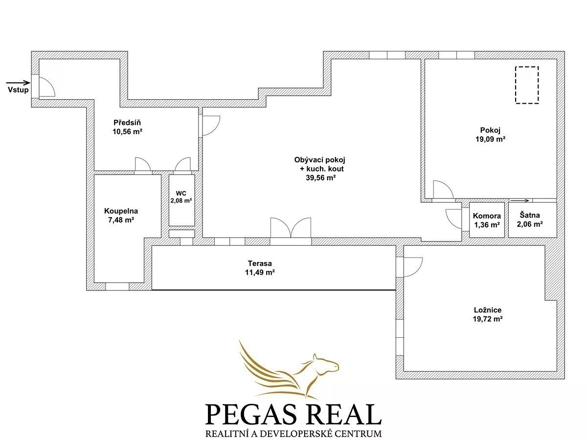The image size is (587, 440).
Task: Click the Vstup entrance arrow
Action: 18,83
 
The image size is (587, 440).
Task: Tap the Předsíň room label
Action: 127,123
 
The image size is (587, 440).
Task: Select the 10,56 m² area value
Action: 127,132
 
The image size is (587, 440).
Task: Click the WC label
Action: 181,193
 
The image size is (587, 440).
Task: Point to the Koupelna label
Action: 121,211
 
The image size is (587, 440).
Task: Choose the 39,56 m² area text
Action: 321,178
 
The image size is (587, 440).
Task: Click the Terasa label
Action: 260,264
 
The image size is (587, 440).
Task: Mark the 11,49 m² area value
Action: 260,272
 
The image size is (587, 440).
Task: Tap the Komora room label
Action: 487,216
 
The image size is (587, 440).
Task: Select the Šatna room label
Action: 530,215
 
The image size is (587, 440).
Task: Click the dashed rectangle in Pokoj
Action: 527,85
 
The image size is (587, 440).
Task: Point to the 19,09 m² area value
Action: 490,139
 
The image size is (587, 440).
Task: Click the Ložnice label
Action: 488,310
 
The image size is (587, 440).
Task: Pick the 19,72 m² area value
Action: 488,319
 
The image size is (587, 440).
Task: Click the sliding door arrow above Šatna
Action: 519,200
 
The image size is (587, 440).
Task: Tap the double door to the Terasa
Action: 291,228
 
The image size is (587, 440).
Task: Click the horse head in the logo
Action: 326,365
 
